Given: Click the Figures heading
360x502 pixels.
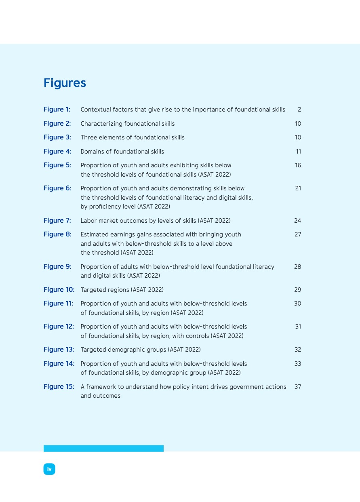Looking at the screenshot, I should click(65, 83).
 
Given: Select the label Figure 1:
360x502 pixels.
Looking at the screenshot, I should click(57, 110).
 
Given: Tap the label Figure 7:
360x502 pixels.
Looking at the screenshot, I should click(57, 221).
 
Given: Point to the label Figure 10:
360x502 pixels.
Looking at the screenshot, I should click(59, 290).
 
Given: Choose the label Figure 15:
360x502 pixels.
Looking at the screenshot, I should click(59, 387).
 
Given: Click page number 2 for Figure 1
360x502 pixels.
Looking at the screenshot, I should click(299, 110).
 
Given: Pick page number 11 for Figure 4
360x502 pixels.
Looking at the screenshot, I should click(298, 152).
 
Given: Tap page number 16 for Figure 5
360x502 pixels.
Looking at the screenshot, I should click(298, 165).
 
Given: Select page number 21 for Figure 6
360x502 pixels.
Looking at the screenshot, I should click(298, 188).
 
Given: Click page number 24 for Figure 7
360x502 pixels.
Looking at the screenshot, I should click(298, 221).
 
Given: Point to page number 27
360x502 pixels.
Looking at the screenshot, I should click(298, 234).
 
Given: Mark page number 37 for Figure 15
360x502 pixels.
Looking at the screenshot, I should click(298, 387).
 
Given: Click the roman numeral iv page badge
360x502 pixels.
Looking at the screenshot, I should click(49, 469).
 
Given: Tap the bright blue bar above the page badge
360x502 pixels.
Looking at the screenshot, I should click(103, 448).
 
